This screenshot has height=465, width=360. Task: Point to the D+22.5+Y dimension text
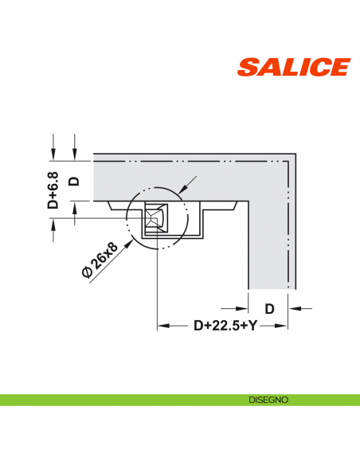[215, 325]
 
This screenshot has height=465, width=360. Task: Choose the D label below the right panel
[269, 308]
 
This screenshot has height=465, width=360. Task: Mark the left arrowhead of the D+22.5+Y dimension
[163, 326]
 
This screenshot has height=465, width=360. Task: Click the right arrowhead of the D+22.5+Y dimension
[282, 326]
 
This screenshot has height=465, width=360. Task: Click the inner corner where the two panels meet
[250, 201]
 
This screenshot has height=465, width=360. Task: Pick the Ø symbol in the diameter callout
[86, 272]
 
